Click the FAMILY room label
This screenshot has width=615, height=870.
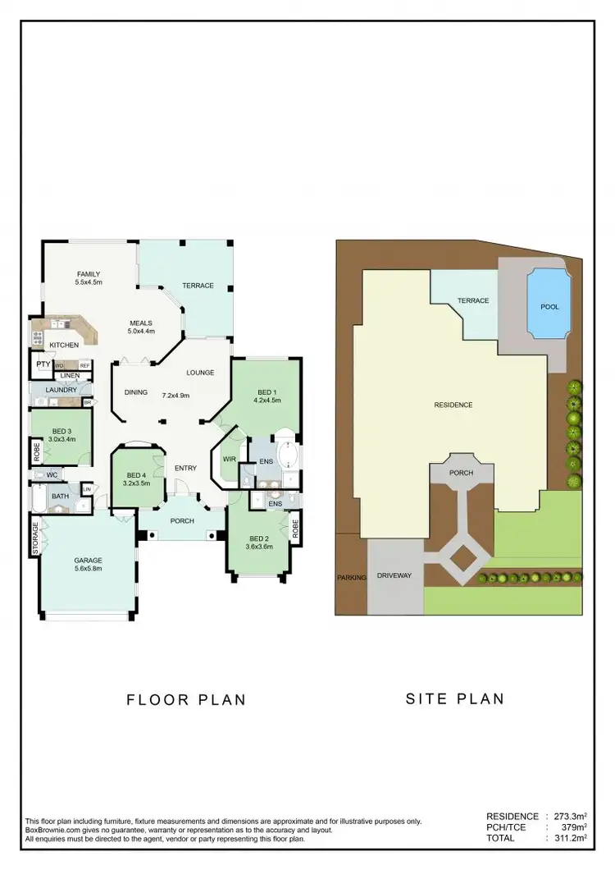pyautogui.click(x=88, y=273)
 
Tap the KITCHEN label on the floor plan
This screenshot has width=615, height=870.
pyautogui.click(x=64, y=346)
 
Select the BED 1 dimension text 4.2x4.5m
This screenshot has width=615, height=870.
pyautogui.click(x=267, y=401)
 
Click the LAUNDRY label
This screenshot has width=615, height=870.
pyautogui.click(x=61, y=390)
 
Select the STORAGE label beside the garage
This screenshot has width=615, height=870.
pyautogui.click(x=36, y=538)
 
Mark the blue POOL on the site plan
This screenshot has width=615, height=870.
pyautogui.click(x=549, y=306)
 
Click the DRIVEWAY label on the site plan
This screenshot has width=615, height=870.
pyautogui.click(x=394, y=575)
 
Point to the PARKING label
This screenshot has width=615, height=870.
pyautogui.click(x=351, y=578)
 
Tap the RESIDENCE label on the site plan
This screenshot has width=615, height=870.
pyautogui.click(x=453, y=405)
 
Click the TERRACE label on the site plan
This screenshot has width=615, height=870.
pyautogui.click(x=472, y=300)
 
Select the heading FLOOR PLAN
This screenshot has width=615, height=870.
pyautogui.click(x=186, y=699)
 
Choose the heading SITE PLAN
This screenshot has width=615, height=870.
pyautogui.click(x=455, y=699)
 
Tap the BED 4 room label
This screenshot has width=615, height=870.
pyautogui.click(x=137, y=475)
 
